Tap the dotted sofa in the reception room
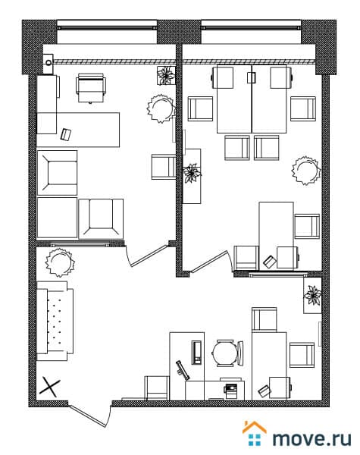coord(55,321)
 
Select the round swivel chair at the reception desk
coord(227,353)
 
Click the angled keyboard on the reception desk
coord(183,370)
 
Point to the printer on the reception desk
coord(231,391)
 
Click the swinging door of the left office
coord(146,256)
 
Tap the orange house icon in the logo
coord(254,428)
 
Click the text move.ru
coord(311,438)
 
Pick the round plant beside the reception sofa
coord(60,262)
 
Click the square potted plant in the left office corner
coord(166,75)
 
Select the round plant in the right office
coord(306,171)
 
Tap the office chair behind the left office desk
coord(91,88)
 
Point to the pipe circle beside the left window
coord(49,63)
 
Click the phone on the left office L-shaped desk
coord(66,134)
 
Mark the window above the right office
coord(251,28)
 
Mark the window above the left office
coord(107,28)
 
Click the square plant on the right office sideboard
coord(192,173)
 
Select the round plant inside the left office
coord(161,108)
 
